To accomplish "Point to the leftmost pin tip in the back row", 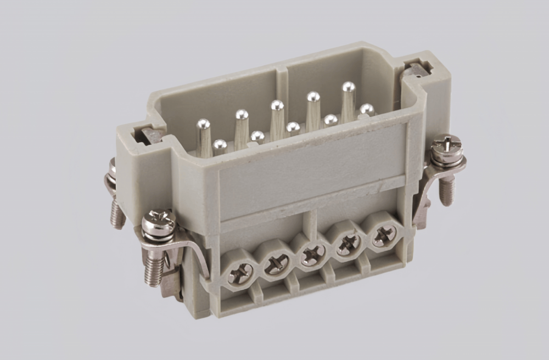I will click(203, 125).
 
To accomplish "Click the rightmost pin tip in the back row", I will click(348, 87).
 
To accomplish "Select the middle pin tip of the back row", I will click(277, 105).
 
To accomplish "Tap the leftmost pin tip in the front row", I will click(219, 145).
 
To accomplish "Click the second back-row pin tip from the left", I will click(242, 115).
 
